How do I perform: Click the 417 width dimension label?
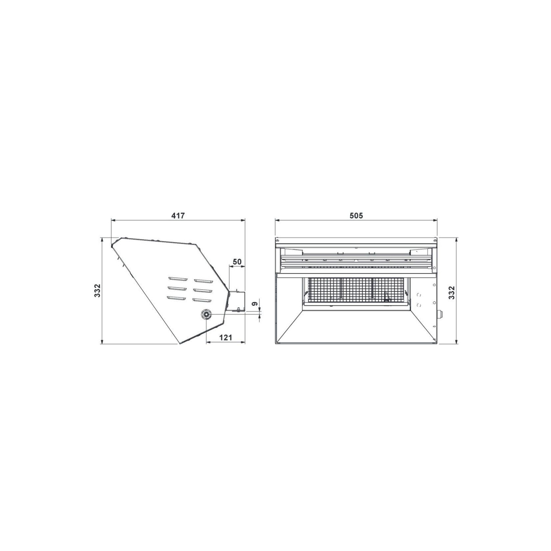coord(178,216)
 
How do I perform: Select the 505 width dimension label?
coord(356,216)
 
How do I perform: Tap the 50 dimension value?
coord(237,262)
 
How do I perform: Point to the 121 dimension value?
coord(226,337)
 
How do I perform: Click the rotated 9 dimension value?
coord(254,304)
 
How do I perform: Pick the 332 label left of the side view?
coord(97,290)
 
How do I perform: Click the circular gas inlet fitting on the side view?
coord(206,314)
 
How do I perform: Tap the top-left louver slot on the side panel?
coord(178,279)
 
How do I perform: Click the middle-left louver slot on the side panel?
coord(178,289)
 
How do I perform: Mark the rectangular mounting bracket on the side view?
coord(237,300)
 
